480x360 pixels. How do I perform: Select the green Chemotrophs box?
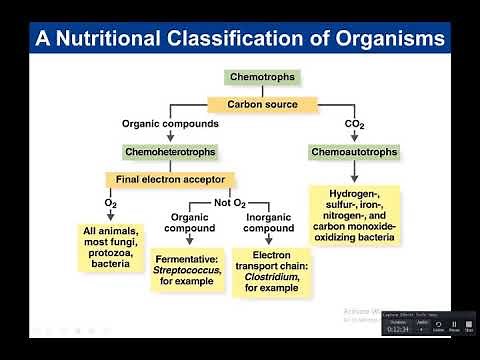pos(262,77)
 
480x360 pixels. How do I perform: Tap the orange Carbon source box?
pos(262,103)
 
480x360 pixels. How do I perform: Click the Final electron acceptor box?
pos(170,180)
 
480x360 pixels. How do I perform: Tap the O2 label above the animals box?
pos(111,204)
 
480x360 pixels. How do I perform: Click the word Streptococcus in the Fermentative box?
pos(191,268)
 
